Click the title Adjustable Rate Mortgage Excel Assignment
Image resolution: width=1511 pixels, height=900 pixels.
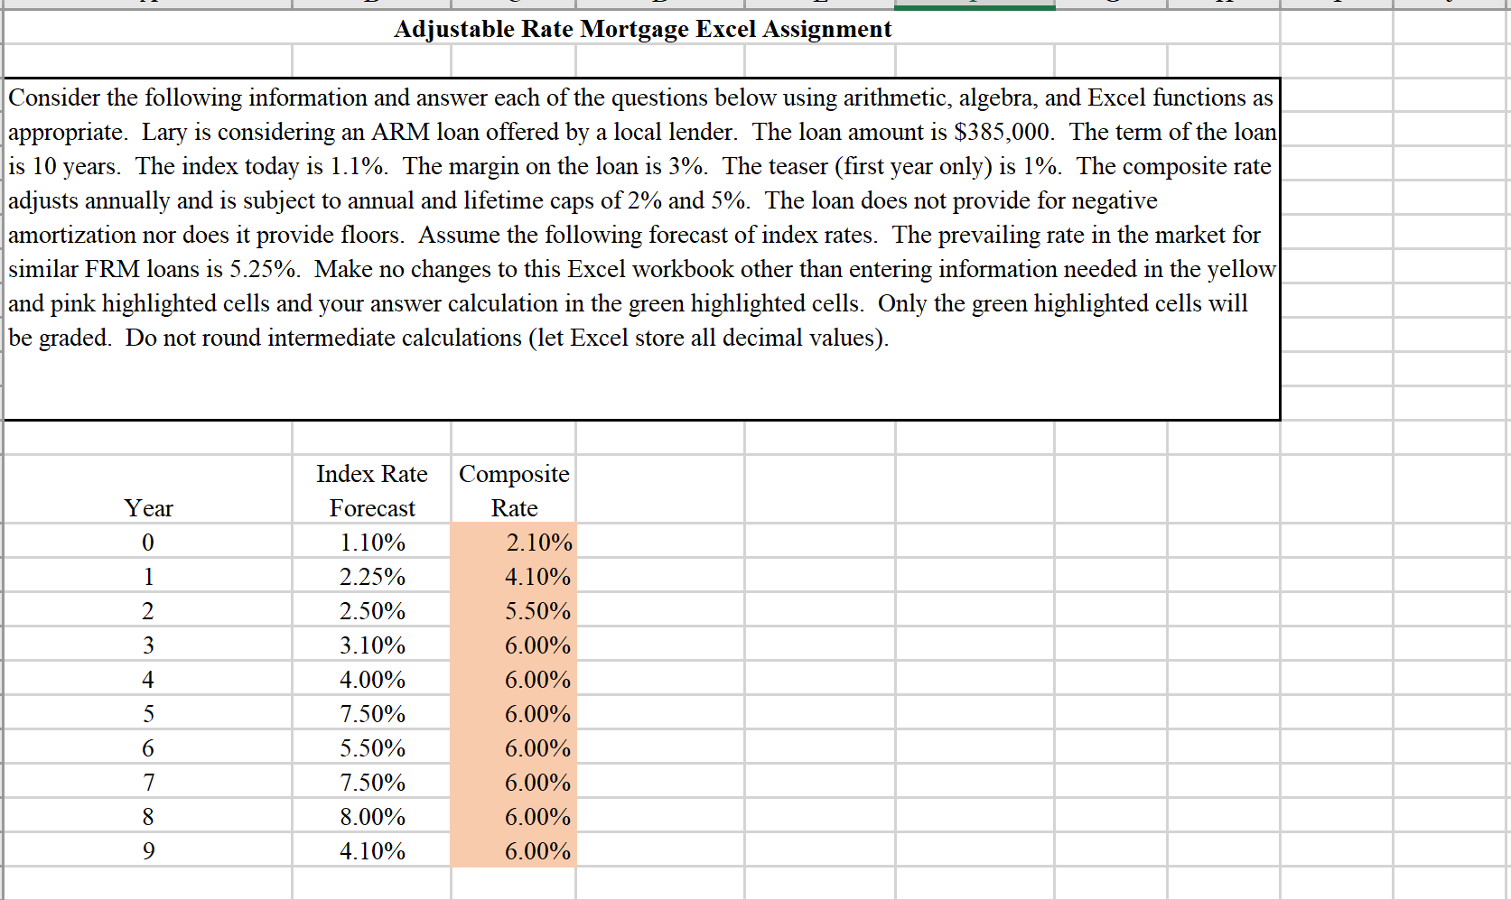(x=642, y=29)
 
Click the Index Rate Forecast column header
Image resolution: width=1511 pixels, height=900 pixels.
(x=372, y=491)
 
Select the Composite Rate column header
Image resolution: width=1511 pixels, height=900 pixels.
(x=514, y=491)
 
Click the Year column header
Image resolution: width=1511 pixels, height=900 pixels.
(x=148, y=508)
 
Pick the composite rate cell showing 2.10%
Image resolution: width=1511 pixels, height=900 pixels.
(x=538, y=543)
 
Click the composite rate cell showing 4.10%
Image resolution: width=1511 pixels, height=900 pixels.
(x=537, y=577)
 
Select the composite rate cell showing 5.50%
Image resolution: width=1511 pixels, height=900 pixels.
(x=537, y=611)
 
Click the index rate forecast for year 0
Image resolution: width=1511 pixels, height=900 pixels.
(x=372, y=543)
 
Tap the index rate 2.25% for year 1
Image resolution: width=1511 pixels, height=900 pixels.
(x=372, y=577)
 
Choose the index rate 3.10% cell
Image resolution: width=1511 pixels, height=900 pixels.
(x=372, y=645)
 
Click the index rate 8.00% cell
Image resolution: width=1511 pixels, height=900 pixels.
(x=372, y=817)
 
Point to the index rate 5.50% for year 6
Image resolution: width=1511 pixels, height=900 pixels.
(x=372, y=748)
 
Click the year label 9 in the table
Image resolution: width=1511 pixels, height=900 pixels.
(x=148, y=851)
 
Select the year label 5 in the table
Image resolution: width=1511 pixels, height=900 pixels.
(x=148, y=714)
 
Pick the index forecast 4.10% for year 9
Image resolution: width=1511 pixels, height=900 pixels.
(x=372, y=851)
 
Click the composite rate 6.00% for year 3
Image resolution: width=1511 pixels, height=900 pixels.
(x=537, y=645)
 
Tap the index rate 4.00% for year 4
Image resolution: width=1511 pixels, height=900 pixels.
(x=372, y=680)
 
